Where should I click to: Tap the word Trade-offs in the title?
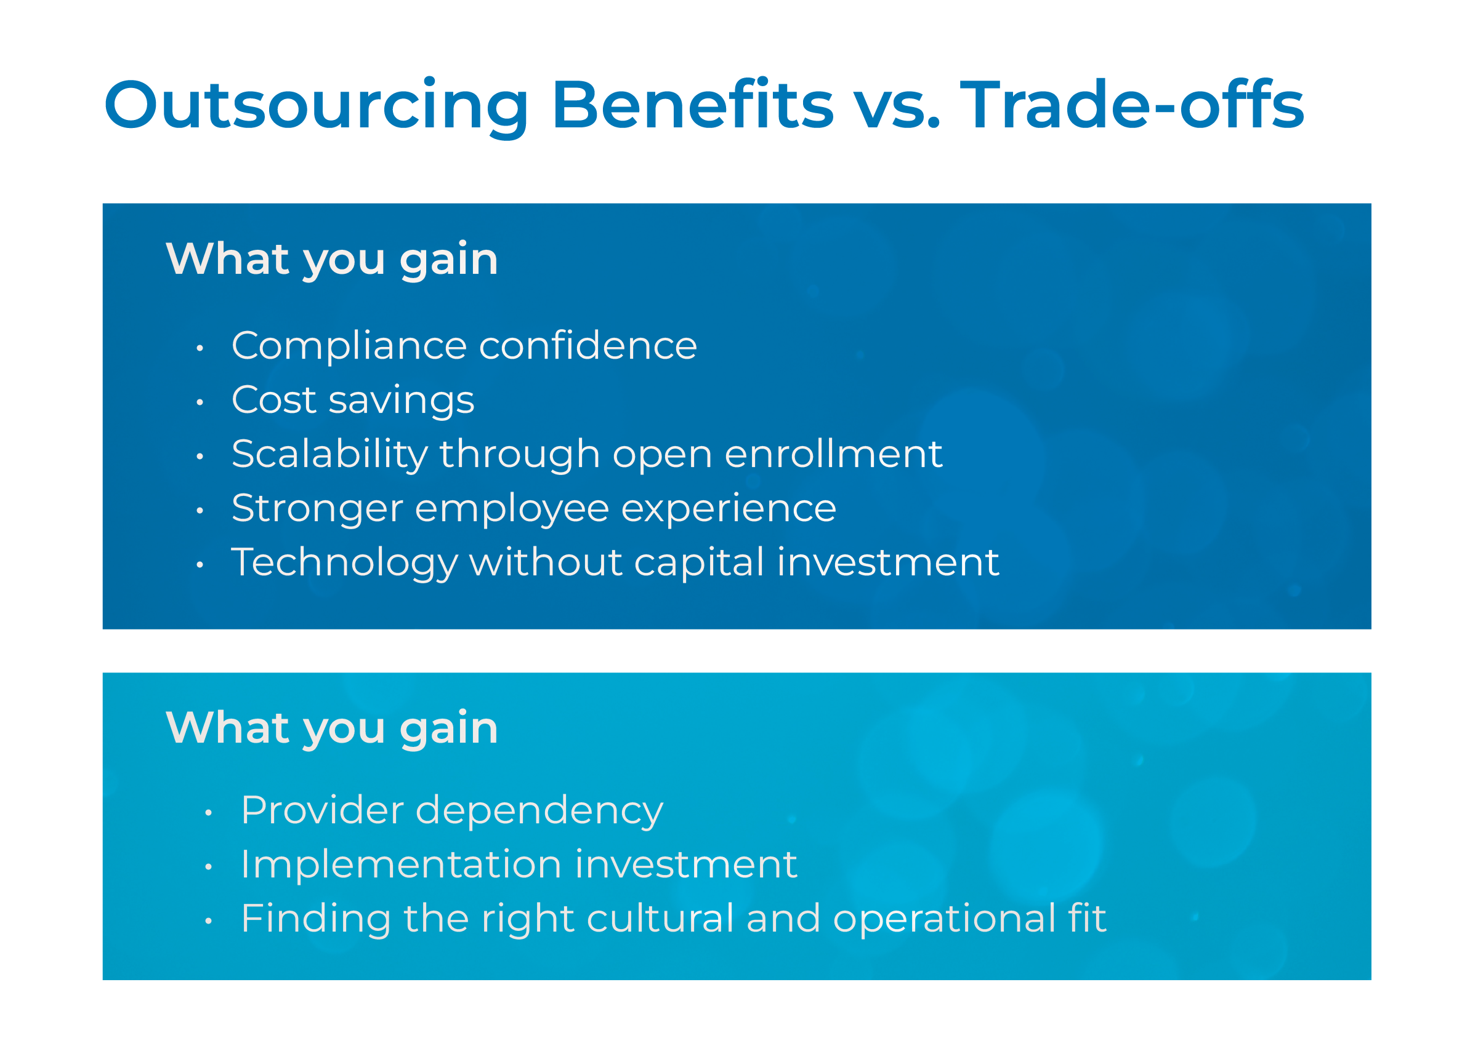coord(1133,105)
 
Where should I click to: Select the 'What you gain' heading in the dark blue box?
coord(332,260)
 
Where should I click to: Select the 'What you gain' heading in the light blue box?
coord(332,729)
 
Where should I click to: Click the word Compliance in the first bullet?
coord(348,346)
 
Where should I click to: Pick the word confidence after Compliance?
coord(588,346)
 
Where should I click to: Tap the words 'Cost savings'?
coord(353,401)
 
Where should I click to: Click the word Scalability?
coord(329,455)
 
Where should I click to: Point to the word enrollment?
coord(833,454)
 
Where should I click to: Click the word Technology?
coord(344,563)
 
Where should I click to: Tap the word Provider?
coord(322,810)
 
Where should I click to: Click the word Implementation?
coord(401,864)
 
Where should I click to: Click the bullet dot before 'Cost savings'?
coord(200,402)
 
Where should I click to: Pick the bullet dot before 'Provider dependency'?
coord(208,813)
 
